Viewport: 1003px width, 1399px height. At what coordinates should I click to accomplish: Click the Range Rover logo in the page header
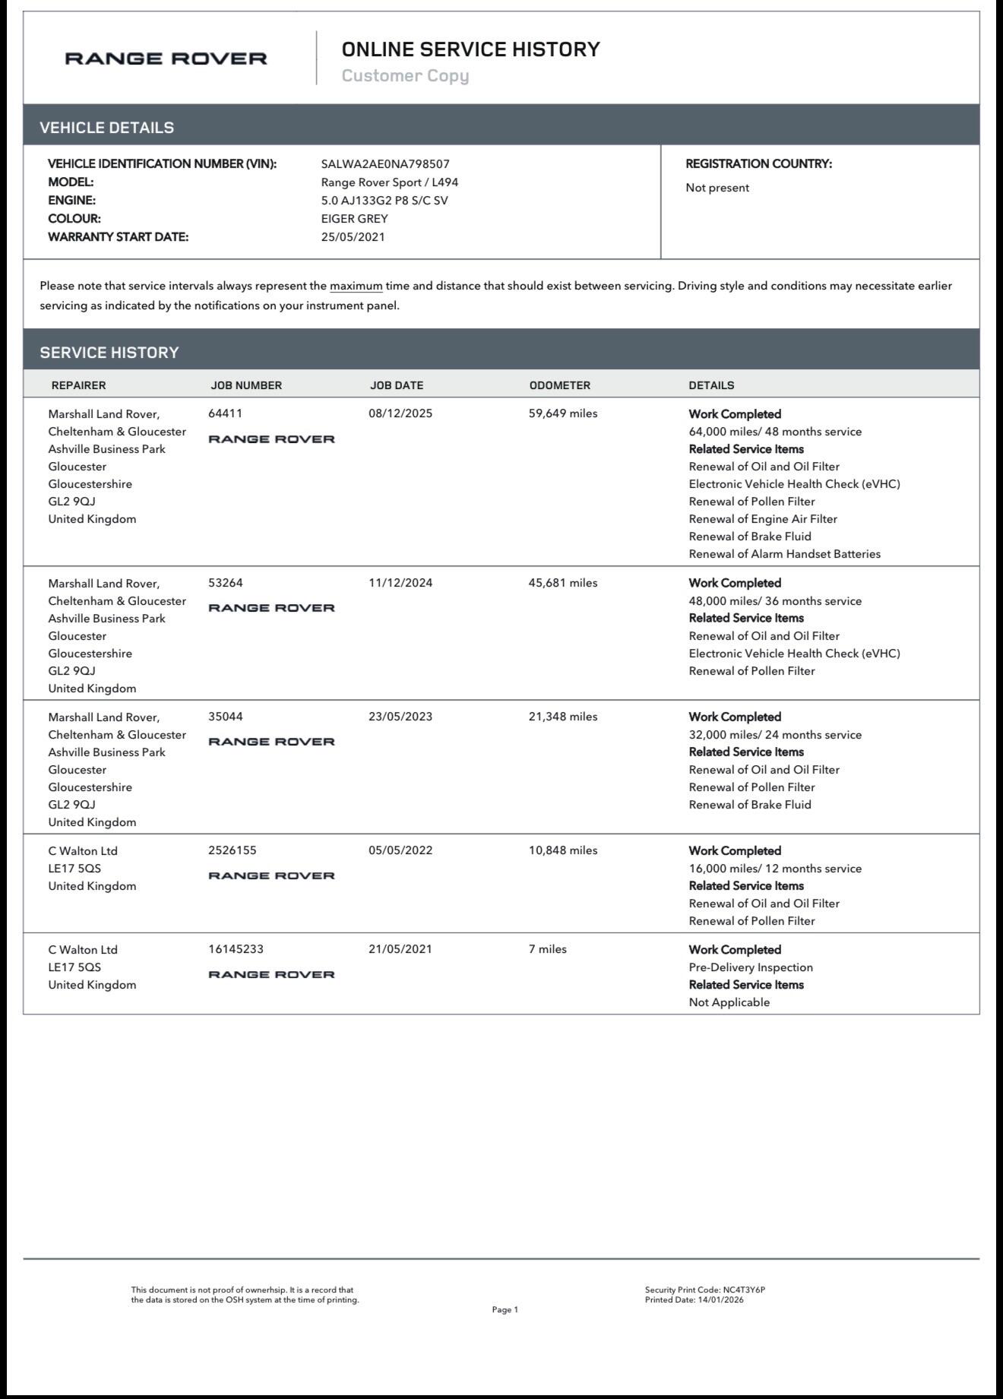coord(166,59)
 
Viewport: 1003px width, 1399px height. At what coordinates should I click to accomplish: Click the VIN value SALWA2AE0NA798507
coord(385,164)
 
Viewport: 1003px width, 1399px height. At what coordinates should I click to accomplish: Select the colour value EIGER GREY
coord(354,219)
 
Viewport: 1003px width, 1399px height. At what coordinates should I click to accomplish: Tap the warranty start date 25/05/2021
coord(353,237)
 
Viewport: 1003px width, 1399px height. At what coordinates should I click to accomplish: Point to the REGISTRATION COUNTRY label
coord(758,164)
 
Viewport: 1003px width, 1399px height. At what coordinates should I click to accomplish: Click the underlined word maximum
coord(356,286)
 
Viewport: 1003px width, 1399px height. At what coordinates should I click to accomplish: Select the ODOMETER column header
coord(559,385)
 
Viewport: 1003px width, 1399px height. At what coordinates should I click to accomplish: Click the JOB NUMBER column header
coord(246,385)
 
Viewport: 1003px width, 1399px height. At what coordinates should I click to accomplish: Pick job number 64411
coord(225,413)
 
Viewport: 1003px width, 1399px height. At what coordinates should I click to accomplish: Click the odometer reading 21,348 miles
coord(563,717)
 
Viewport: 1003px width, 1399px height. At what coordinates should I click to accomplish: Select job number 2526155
coord(232,850)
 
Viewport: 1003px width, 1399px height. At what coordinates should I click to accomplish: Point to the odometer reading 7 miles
coord(547,949)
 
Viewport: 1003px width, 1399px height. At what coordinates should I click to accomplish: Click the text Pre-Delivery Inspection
coord(751,967)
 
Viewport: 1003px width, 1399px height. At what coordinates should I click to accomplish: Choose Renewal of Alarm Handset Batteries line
coord(784,554)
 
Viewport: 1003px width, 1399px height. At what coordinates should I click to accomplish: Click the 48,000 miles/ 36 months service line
coord(775,601)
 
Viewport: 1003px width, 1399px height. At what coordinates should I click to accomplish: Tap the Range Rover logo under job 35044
coord(271,742)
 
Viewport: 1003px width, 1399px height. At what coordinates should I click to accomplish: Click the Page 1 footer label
coord(505,1309)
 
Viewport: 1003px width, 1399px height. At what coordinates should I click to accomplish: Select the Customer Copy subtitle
coord(405,75)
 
